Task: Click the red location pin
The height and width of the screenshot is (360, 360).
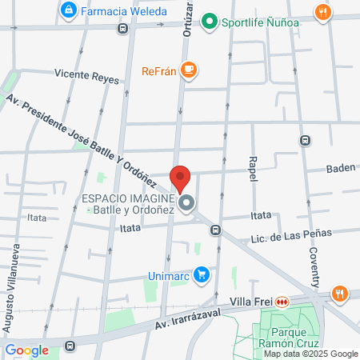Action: point(180,178)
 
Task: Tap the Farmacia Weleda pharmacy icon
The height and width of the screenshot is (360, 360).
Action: point(70,10)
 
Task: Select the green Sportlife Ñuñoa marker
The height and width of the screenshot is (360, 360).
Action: point(210,22)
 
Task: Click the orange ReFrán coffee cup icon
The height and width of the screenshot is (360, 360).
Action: point(189,70)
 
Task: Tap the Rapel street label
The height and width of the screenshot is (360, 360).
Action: point(253,168)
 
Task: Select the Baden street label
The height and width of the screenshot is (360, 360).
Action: point(339,169)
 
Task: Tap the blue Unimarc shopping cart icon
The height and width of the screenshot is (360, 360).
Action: point(203,274)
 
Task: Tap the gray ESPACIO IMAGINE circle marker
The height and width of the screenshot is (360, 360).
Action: point(186,204)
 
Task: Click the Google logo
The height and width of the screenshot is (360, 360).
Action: point(26,350)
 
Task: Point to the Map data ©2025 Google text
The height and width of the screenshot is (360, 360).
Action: point(311,354)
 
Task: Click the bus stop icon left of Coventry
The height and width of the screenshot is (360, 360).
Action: point(305,140)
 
